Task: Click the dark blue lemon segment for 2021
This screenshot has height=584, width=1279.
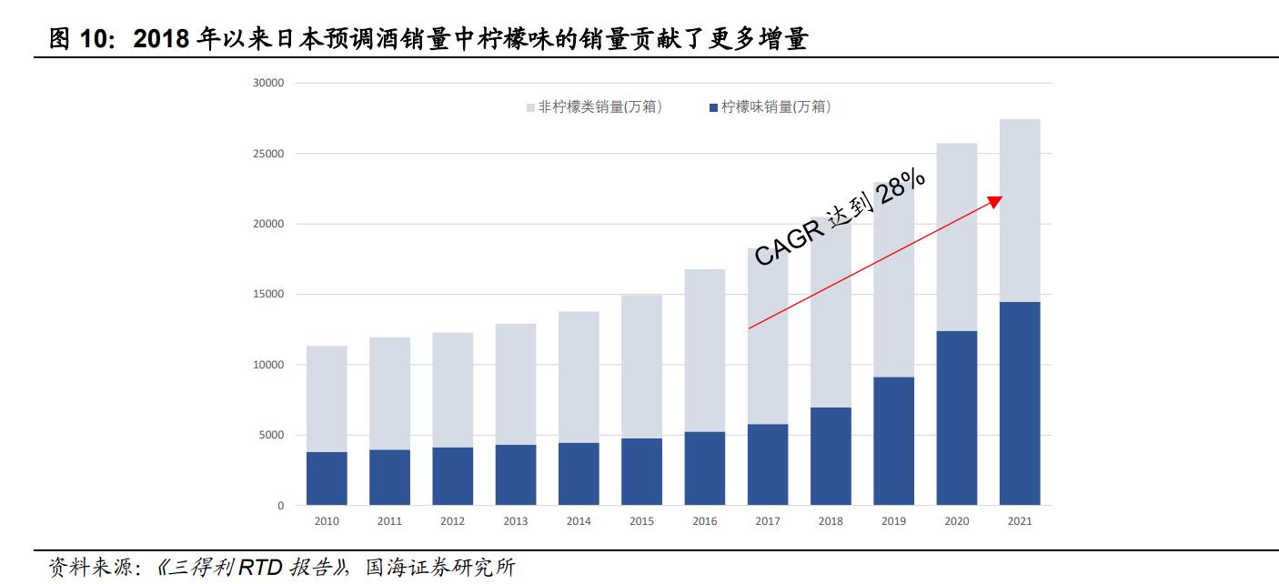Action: click(x=1019, y=403)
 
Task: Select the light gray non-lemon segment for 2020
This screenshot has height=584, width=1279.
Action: click(x=956, y=237)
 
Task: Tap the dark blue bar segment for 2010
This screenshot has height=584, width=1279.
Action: click(x=327, y=478)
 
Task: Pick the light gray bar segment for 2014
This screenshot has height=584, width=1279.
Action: click(x=579, y=377)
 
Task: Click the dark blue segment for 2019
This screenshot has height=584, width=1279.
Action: click(x=893, y=441)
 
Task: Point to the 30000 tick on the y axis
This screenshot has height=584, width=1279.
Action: click(x=269, y=83)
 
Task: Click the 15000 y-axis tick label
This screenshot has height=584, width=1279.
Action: click(x=269, y=295)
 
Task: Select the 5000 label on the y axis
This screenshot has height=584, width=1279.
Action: click(x=272, y=436)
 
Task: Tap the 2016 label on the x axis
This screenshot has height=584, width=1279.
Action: click(x=704, y=521)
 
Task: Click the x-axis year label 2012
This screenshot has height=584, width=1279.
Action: click(x=452, y=521)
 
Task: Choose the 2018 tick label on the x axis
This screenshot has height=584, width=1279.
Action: click(x=831, y=521)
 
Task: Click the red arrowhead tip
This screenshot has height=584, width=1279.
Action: click(x=998, y=199)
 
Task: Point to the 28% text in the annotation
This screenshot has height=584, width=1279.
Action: click(x=902, y=188)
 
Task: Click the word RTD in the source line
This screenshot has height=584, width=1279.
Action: click(x=261, y=568)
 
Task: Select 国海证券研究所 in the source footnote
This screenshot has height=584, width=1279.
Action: click(x=440, y=568)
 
